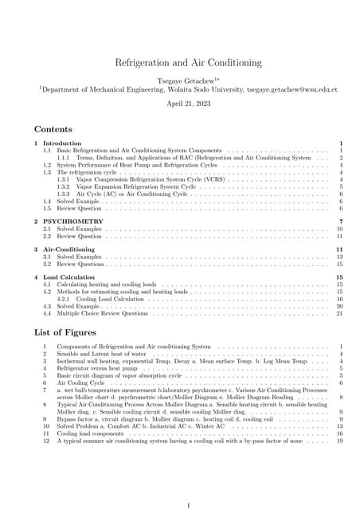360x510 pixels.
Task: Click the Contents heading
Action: (53, 128)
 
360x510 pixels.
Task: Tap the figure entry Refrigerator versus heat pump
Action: (97, 369)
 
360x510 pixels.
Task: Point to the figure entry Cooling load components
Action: (94, 433)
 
